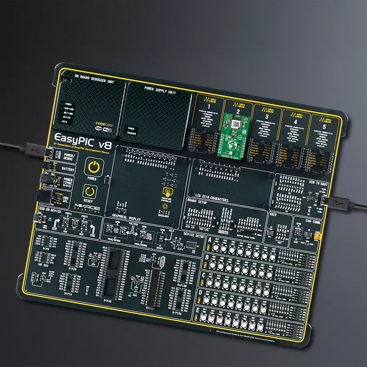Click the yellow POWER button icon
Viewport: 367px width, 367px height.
tap(94, 167)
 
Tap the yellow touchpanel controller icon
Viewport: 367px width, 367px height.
tap(167, 192)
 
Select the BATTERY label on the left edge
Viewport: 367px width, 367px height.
tap(68, 168)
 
